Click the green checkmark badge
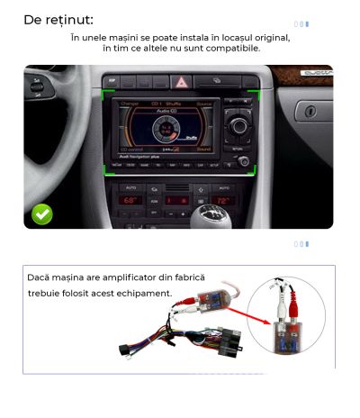pyautogui.click(x=41, y=214)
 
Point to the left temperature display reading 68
pyautogui.click(x=130, y=199)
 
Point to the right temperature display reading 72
pyautogui.click(x=222, y=200)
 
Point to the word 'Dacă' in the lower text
pyautogui.click(x=41, y=278)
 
